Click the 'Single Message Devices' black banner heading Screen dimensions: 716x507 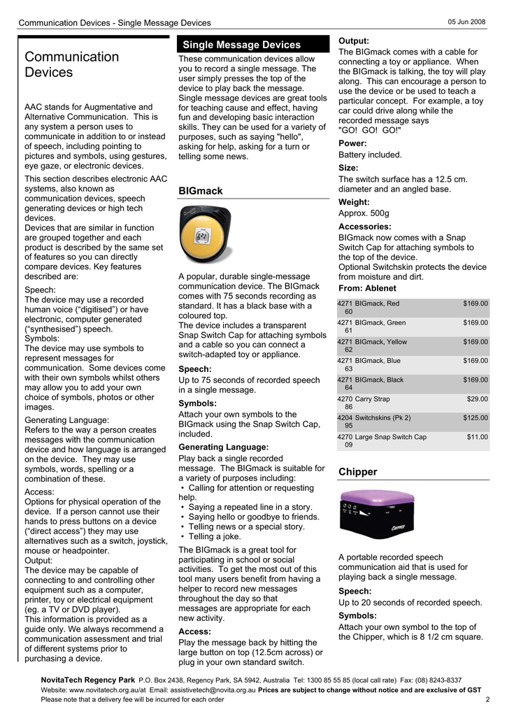click(241, 45)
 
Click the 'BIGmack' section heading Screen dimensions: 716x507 click(200, 191)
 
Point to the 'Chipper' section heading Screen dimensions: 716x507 click(357, 472)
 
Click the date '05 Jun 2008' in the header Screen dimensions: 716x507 click(466, 22)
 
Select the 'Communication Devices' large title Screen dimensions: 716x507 click(71, 64)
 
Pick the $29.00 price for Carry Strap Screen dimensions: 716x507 click(478, 399)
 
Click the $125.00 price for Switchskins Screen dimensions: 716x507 click(476, 418)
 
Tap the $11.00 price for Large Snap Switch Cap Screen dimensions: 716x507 click(478, 437)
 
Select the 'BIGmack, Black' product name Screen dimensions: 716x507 click(379, 380)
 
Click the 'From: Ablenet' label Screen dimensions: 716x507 click(367, 288)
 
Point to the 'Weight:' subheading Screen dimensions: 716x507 click(354, 202)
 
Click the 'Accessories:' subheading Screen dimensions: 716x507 click(364, 227)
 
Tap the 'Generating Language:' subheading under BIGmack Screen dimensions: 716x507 click(223, 447)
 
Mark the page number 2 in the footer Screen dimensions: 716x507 click(487, 700)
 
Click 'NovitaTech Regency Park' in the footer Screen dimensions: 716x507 click(87, 680)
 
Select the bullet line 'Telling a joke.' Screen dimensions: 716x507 click(214, 536)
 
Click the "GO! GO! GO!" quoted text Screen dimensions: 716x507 click(369, 130)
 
